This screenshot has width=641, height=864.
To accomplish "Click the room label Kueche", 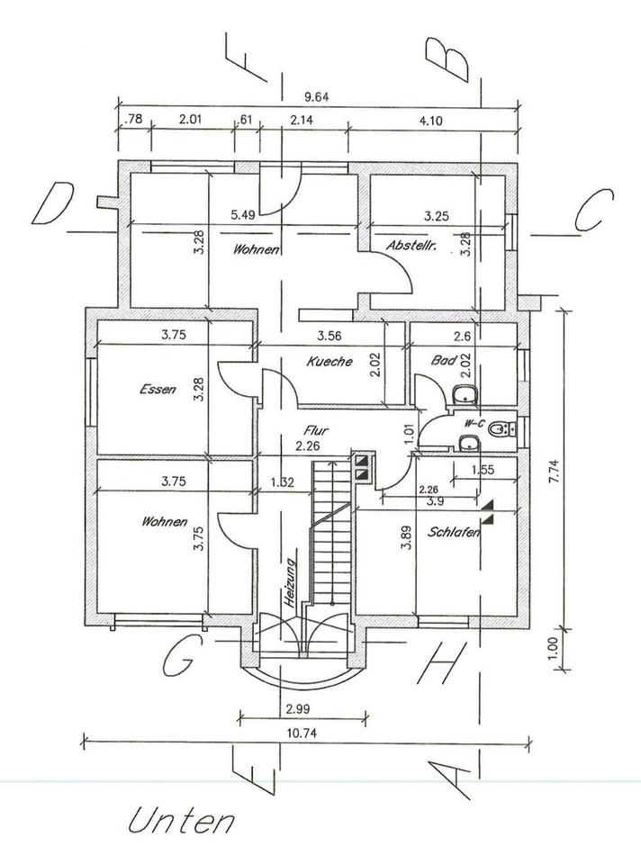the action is tap(330, 362).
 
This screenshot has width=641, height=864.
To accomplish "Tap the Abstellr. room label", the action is tap(411, 245).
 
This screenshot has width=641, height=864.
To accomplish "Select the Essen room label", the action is tap(158, 390).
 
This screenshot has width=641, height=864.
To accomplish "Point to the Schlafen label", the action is tap(454, 532).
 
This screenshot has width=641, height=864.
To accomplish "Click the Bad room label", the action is tap(444, 360).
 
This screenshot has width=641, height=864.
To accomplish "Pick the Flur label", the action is tap(316, 430).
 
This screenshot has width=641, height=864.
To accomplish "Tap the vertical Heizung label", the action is tap(289, 583).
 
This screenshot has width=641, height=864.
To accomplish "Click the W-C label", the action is tap(474, 423).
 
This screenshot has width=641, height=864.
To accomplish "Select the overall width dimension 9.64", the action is tap(317, 97).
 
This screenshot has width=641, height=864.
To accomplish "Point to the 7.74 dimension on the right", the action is tap(555, 472).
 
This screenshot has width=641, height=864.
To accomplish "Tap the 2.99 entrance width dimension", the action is tap(298, 709).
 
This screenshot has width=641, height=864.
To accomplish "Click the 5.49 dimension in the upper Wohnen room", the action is tap(243, 215).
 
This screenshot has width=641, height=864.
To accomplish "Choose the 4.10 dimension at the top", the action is tap(431, 121).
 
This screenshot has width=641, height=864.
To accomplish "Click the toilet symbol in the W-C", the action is tap(501, 428).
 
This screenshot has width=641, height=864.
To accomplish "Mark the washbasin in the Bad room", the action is tap(466, 394).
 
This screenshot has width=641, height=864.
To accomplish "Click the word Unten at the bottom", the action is tap(181, 822).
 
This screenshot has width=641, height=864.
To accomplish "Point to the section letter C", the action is tap(594, 210).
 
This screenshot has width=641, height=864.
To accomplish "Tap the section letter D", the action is tap(53, 203).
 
